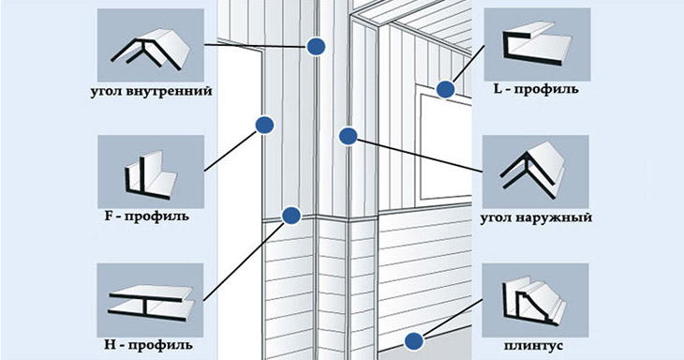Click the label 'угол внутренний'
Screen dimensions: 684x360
[152, 92]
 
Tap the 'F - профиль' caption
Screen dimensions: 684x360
[147, 216]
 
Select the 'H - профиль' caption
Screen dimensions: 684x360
[148, 345]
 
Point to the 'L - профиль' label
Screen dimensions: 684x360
[536, 89]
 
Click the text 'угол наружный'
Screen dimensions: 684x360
[536, 217]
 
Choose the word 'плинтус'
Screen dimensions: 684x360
[533, 346]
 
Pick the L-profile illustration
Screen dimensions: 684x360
[537, 44]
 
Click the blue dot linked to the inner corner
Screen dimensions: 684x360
[316, 46]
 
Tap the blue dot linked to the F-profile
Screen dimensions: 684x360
[264, 126]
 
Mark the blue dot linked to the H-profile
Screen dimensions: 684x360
[291, 216]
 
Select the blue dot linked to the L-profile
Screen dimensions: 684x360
[445, 89]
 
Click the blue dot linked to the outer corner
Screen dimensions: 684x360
[349, 137]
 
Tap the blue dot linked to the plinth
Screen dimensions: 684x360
[413, 341]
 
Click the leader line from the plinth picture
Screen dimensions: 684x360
[453, 318]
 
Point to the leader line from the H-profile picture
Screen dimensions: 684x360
[246, 261]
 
